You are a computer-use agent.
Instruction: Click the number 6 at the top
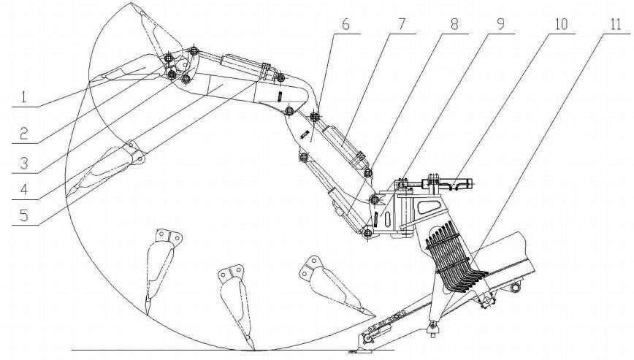[345, 23]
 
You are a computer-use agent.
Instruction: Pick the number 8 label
[454, 23]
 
